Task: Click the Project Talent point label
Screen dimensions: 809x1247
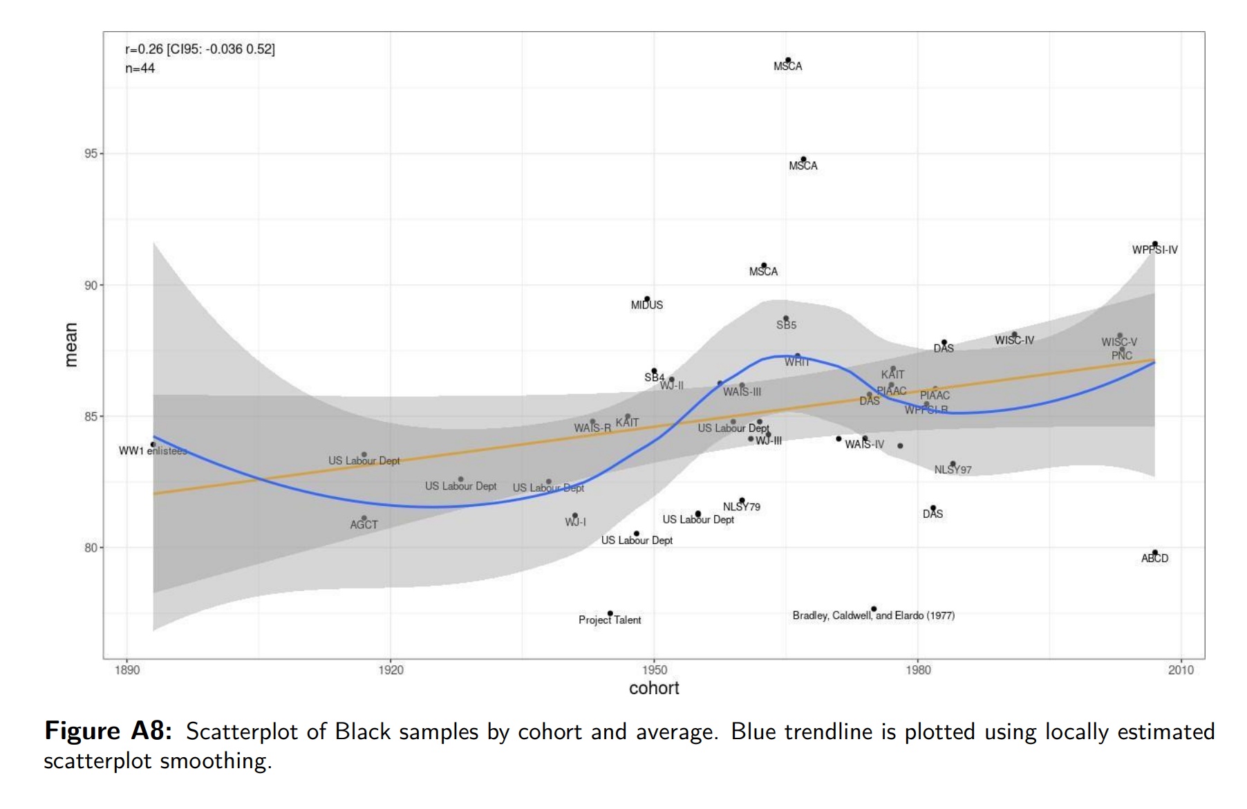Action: click(610, 620)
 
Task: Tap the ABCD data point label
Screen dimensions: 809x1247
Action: click(1154, 559)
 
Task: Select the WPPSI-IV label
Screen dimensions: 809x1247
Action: click(1154, 250)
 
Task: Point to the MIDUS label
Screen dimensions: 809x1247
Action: click(646, 305)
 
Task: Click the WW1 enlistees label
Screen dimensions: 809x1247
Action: click(153, 452)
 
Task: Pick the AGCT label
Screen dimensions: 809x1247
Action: click(364, 525)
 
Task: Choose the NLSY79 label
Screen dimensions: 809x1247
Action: click(742, 507)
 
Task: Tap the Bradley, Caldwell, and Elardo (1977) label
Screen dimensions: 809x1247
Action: click(873, 615)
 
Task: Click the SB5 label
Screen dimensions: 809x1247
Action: click(786, 325)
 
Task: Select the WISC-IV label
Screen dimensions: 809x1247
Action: click(1014, 340)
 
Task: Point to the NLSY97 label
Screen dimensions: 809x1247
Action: click(953, 470)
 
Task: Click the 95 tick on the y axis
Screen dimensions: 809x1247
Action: click(91, 154)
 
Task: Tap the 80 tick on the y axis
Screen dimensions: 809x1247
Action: click(91, 548)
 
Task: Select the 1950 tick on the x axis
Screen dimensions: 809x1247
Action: click(654, 670)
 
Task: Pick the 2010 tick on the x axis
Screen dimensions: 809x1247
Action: click(1181, 670)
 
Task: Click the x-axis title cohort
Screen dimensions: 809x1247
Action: click(654, 689)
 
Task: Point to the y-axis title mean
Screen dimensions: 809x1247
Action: click(71, 344)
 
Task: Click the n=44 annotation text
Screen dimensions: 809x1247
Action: click(140, 68)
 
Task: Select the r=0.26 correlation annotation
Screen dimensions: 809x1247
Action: click(200, 49)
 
